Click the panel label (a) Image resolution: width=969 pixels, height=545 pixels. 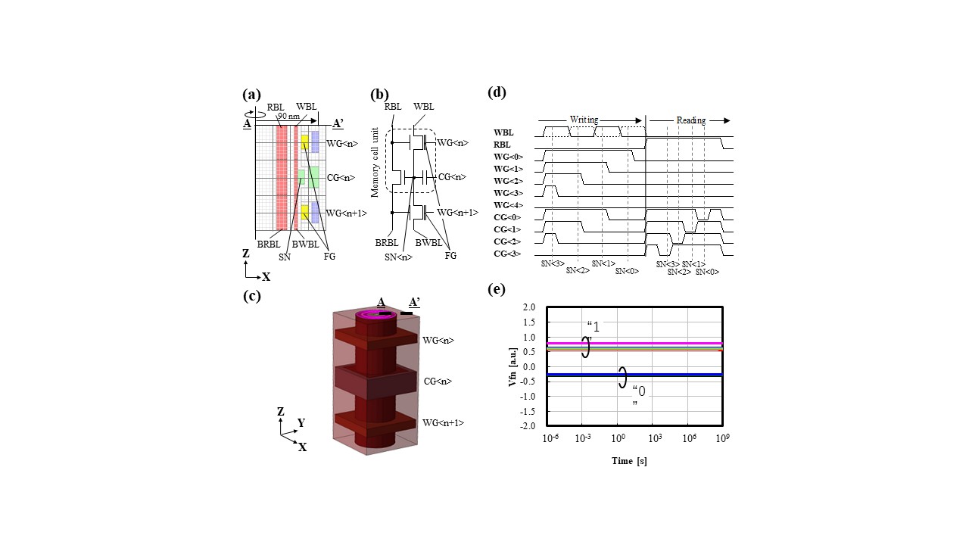click(x=251, y=95)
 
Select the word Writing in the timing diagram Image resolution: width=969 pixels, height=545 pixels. click(x=584, y=120)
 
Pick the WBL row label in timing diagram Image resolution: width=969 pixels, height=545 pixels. click(x=503, y=133)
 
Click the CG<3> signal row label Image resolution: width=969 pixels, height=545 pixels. click(x=506, y=254)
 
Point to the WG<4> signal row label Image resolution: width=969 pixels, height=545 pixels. click(x=506, y=205)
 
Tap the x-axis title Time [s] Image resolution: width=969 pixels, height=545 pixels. click(x=629, y=461)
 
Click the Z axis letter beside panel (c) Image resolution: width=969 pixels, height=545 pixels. click(x=281, y=411)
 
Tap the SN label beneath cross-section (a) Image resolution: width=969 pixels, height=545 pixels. click(x=285, y=257)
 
